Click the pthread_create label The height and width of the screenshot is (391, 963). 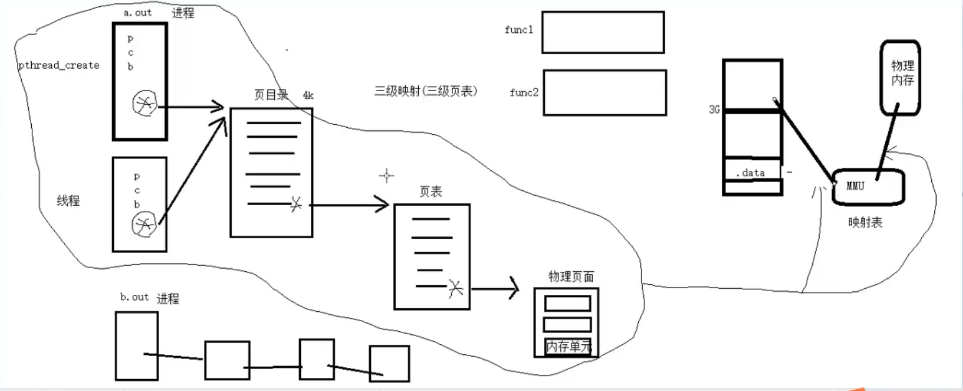tap(59, 65)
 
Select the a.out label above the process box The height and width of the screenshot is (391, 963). tap(138, 12)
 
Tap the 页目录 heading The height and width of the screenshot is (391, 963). tap(271, 95)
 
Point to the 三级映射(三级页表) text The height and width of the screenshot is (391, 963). tap(426, 91)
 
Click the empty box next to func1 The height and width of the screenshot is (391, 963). tap(603, 32)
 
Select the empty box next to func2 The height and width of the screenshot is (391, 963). tap(605, 92)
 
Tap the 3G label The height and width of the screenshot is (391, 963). tap(714, 110)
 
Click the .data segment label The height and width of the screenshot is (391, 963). tap(750, 173)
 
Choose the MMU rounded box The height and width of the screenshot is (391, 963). tap(868, 186)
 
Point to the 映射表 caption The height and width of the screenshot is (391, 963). tap(865, 223)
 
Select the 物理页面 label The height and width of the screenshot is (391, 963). tap(570, 276)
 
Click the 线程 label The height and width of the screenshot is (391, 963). tap(68, 201)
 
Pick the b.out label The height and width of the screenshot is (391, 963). tap(135, 297)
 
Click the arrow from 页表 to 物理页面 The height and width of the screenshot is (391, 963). tap(496, 289)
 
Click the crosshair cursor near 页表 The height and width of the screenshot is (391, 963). tap(386, 176)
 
